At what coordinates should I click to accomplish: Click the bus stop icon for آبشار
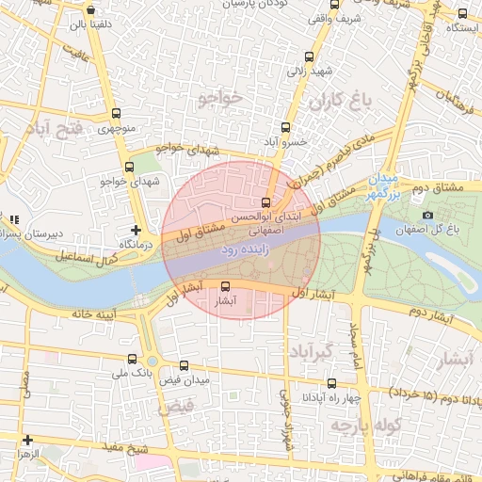[225, 286]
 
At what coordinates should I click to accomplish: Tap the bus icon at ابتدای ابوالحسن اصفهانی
[265, 202]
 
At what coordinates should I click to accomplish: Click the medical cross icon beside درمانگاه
[137, 229]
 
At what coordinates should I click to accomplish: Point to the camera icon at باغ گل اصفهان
[427, 216]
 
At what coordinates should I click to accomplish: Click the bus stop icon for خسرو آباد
[285, 126]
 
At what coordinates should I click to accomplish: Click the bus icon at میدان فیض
[184, 365]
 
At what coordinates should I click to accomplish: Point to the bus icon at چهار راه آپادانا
[332, 382]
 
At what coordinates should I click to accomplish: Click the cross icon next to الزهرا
[27, 440]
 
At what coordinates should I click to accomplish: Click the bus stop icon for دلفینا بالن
[91, 10]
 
